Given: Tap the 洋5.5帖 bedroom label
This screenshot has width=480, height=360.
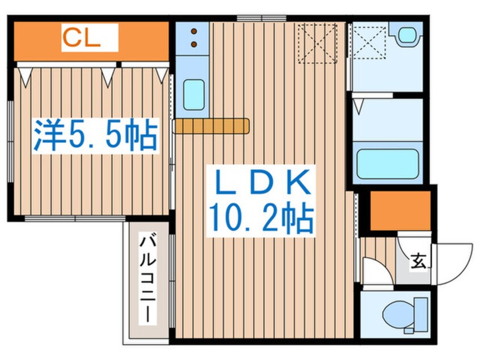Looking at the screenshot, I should (94, 135).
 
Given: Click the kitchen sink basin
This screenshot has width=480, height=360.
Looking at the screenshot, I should (193, 94).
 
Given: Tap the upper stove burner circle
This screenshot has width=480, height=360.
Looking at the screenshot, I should (193, 31).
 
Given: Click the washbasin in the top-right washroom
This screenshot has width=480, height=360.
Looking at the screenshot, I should (407, 35).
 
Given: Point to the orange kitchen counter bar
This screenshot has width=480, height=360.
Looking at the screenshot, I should (211, 125).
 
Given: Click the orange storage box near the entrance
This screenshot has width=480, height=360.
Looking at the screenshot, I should (400, 210).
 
